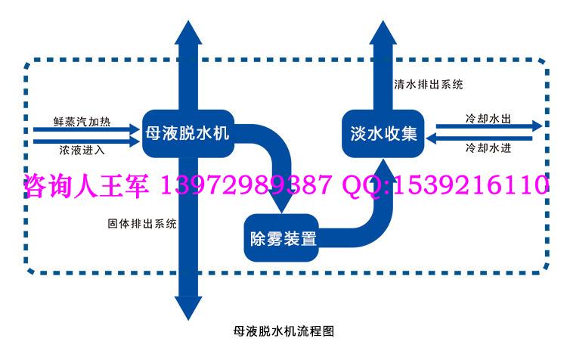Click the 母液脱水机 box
(x=188, y=134)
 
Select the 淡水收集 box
(x=383, y=134)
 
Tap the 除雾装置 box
(x=281, y=237)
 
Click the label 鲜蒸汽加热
(x=82, y=122)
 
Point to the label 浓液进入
(x=82, y=150)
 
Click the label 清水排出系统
(x=429, y=85)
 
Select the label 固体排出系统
(x=142, y=223)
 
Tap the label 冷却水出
(x=488, y=118)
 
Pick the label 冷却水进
(x=488, y=147)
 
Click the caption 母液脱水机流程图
(x=283, y=331)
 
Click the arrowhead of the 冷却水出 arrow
(x=538, y=126)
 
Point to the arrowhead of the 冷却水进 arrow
(x=432, y=138)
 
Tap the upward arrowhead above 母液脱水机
(x=188, y=33)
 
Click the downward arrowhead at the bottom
(x=188, y=309)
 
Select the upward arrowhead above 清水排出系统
(x=383, y=33)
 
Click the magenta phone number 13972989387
(x=245, y=185)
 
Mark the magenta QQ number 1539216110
(x=471, y=185)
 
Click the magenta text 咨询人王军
(x=87, y=185)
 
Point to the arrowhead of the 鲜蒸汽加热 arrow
(x=135, y=129)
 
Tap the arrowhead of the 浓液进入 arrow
(x=135, y=141)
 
